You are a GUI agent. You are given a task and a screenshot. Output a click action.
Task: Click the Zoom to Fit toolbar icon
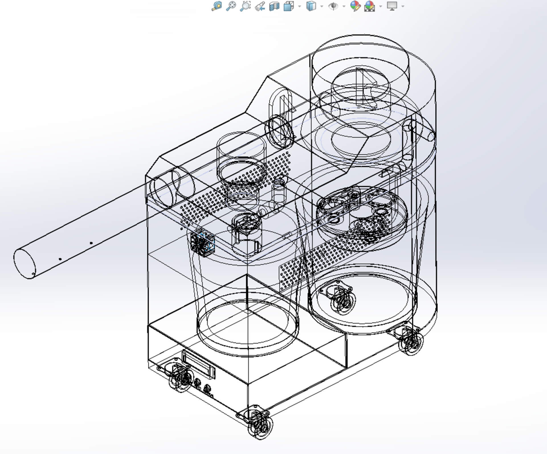[217, 6]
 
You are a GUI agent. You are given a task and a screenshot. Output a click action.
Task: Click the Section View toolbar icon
[274, 6]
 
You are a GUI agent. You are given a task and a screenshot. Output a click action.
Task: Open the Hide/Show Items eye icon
[333, 6]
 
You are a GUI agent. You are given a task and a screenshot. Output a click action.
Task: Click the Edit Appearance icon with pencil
[355, 6]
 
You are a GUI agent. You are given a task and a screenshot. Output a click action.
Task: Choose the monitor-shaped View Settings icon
[392, 6]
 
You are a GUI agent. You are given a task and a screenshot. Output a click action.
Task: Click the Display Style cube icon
[311, 6]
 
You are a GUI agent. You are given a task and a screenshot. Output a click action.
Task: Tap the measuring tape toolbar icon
[231, 6]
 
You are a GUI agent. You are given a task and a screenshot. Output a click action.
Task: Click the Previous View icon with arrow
[260, 6]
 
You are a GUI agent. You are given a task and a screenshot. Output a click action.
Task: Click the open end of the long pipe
[25, 264]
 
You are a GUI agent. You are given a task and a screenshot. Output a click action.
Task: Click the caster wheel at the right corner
[411, 342]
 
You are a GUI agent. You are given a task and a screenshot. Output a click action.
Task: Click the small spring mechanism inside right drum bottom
[342, 299]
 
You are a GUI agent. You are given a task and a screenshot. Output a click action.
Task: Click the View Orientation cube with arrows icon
[289, 6]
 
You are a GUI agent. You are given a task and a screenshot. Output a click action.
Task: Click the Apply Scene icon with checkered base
[370, 6]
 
